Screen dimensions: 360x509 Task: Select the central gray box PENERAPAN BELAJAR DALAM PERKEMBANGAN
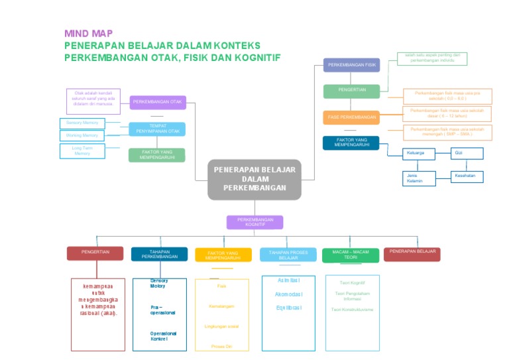(x=254, y=179)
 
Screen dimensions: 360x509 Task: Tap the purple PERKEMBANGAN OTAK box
(x=158, y=102)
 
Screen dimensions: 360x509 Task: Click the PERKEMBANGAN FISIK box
(x=351, y=65)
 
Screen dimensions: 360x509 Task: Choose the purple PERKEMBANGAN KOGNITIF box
(x=254, y=222)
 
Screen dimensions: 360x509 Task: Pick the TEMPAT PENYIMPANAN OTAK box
(x=157, y=129)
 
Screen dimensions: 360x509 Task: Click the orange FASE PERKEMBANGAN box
(x=351, y=117)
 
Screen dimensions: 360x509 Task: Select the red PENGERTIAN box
(x=95, y=253)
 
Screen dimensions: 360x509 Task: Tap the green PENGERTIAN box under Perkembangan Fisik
(x=351, y=91)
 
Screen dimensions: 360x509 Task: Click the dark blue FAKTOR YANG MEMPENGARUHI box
(x=351, y=143)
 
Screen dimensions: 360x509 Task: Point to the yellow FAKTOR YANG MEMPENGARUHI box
(x=223, y=255)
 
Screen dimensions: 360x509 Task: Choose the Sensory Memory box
(x=82, y=123)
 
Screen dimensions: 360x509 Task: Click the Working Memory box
(x=82, y=135)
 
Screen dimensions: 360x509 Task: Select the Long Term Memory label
(x=82, y=151)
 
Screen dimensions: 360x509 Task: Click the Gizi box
(x=467, y=153)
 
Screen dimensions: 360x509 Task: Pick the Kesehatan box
(x=467, y=177)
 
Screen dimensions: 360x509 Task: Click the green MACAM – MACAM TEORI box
(x=351, y=255)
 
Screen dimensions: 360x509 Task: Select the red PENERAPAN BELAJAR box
(x=412, y=253)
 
